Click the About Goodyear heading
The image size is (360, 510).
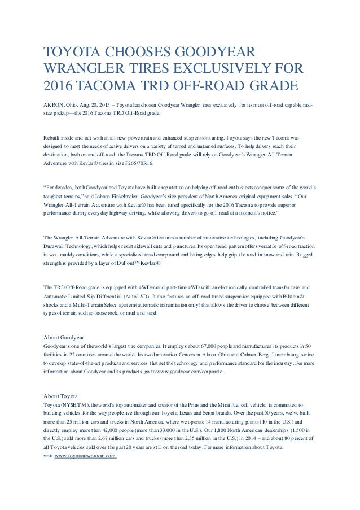[64, 336]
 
